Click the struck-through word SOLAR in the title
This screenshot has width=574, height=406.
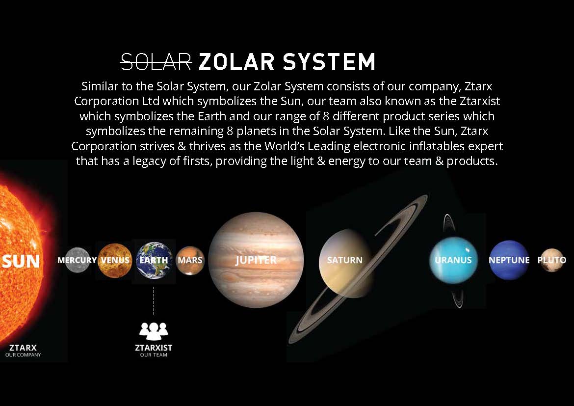(x=157, y=61)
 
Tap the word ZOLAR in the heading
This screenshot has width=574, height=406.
(x=236, y=61)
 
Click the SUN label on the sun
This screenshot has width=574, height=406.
(x=21, y=261)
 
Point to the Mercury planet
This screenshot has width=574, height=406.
(x=77, y=260)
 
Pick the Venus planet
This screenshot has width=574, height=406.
(x=115, y=260)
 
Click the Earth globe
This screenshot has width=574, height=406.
(x=154, y=260)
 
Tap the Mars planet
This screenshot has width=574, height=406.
(x=190, y=260)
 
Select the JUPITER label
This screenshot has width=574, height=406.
(x=256, y=260)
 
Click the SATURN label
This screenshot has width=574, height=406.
(x=344, y=260)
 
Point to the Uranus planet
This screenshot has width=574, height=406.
(x=454, y=260)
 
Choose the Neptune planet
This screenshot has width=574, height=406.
(x=509, y=260)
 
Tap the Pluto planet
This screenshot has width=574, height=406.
(x=551, y=260)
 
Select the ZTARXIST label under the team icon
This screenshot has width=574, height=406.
(x=154, y=348)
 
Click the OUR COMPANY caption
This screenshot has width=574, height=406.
(x=23, y=355)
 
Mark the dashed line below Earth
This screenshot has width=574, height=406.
(x=154, y=301)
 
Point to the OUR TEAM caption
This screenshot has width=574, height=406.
(x=154, y=355)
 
